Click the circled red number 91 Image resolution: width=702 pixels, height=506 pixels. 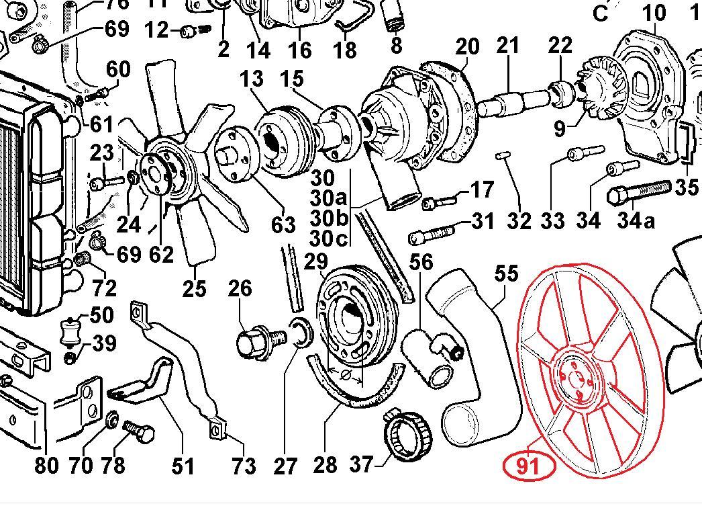[x=530, y=464]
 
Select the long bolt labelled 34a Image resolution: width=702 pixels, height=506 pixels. [x=638, y=192]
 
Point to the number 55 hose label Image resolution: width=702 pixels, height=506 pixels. [x=507, y=273]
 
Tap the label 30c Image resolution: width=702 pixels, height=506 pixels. [x=330, y=238]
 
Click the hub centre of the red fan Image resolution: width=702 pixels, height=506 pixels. [x=576, y=378]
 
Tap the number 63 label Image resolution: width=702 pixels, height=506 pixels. [x=283, y=224]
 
